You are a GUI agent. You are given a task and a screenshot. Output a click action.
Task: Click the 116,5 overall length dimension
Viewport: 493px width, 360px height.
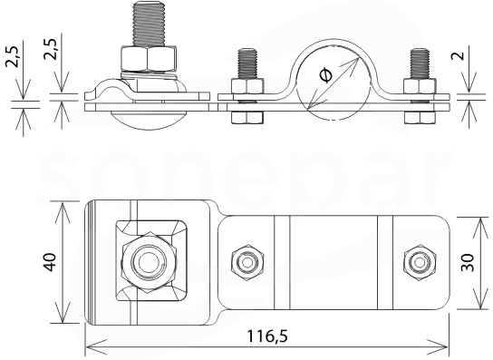(x=267, y=336)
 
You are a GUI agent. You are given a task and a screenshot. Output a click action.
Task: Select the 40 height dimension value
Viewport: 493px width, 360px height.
(x=51, y=262)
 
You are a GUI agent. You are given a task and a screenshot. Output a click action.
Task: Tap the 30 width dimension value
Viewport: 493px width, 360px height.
(x=468, y=262)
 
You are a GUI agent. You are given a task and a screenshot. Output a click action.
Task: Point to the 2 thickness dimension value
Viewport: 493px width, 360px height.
(x=459, y=55)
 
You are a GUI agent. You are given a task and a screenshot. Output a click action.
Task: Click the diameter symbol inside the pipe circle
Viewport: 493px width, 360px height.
(x=325, y=76)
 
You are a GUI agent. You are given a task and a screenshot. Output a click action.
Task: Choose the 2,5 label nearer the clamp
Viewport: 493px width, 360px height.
(x=51, y=48)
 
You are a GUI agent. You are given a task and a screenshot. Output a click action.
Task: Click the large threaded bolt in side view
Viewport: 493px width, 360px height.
(x=149, y=24)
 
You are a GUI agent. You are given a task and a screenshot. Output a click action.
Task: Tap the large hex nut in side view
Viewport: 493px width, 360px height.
(x=149, y=59)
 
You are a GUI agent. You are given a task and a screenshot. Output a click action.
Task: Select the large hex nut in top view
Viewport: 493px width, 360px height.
(x=148, y=262)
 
